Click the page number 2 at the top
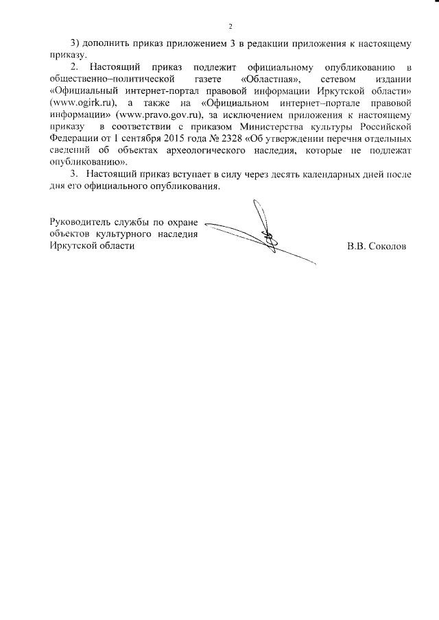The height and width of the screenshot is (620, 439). pos(230,27)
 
